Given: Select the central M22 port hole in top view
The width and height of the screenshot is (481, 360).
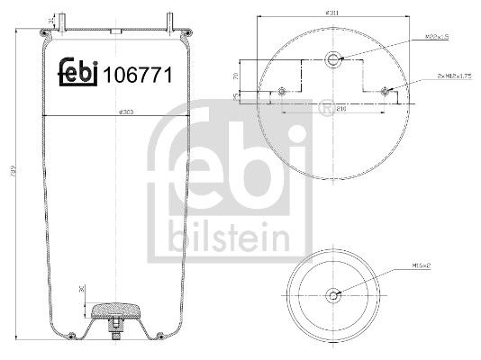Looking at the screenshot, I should (334, 59).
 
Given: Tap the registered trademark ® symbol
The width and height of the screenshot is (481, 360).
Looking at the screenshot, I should (323, 109).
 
